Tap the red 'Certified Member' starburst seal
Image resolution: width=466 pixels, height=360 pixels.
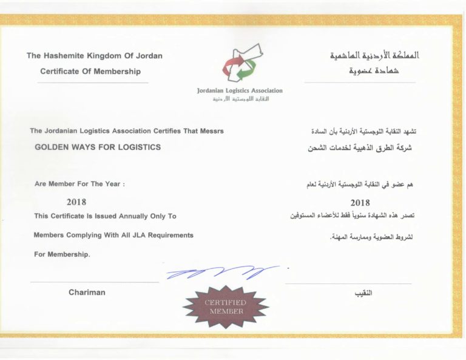(x=226, y=307)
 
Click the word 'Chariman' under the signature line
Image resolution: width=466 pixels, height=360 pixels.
(x=87, y=293)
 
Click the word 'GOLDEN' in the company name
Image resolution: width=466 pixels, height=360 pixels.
(x=53, y=147)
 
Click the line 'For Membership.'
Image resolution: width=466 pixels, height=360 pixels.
(x=62, y=255)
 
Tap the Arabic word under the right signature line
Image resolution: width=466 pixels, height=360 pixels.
(x=363, y=293)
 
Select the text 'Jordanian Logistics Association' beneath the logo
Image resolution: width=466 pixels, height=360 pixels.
(x=240, y=90)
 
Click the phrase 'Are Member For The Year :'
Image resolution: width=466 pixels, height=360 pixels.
(x=79, y=183)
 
